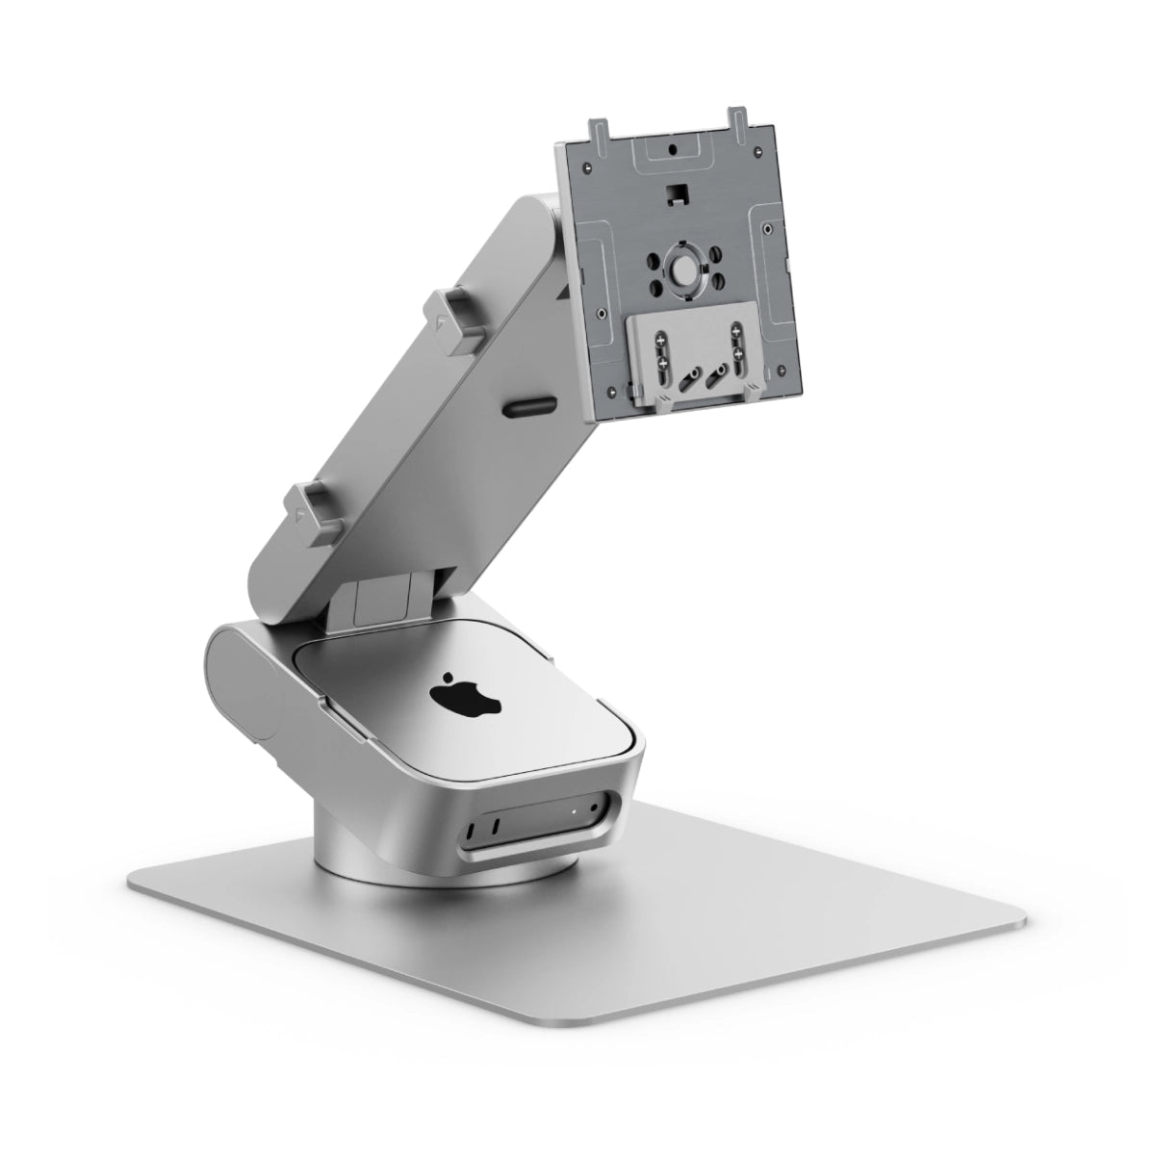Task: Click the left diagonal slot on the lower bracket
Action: [688, 379]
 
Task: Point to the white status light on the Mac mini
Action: [575, 810]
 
